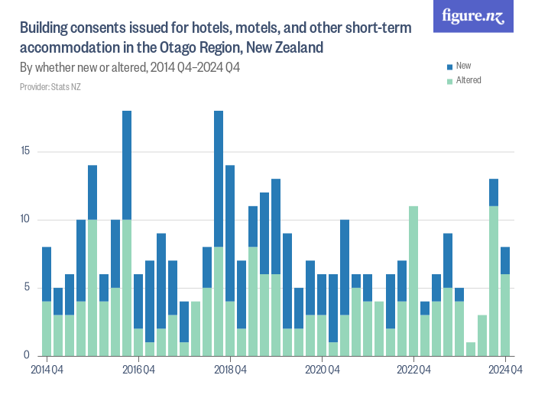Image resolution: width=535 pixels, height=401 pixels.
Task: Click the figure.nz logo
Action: (473, 17)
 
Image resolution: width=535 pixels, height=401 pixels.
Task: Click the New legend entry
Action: (463, 66)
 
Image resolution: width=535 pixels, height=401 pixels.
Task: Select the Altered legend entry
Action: (468, 80)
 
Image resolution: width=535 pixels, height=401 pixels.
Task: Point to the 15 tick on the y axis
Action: (25, 151)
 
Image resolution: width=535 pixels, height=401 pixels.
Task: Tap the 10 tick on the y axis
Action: (25, 220)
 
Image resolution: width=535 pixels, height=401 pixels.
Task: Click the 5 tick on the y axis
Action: (27, 288)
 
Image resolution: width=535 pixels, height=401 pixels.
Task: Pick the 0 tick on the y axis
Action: (27, 356)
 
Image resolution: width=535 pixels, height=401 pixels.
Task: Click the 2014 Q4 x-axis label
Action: (47, 370)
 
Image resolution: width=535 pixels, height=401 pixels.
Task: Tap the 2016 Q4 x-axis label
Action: (138, 370)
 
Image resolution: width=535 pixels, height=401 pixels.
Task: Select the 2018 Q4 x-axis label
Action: (230, 370)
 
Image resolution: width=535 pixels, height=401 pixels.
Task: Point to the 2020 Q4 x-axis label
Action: (322, 370)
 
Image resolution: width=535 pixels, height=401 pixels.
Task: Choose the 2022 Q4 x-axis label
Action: (413, 370)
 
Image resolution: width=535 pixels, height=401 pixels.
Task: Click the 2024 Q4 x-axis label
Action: (505, 370)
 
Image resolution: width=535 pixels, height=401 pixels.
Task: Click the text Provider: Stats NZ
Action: (50, 87)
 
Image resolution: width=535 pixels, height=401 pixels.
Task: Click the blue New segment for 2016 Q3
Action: (127, 165)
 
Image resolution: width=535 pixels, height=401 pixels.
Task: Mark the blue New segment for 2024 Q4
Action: (505, 260)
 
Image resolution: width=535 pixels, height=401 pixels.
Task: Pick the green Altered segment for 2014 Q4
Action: (47, 328)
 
